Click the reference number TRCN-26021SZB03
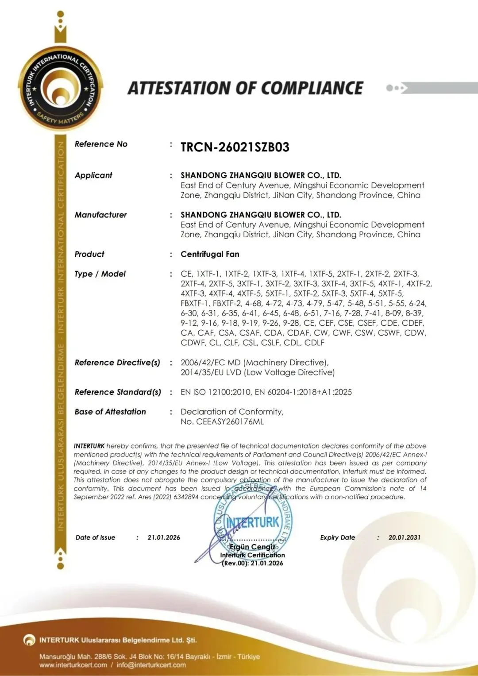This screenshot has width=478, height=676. [235, 147]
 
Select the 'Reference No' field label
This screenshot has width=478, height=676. [101, 144]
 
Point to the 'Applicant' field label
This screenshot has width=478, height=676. [93, 175]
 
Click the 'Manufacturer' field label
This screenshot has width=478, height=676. [100, 215]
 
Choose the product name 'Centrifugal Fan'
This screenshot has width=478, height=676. [210, 254]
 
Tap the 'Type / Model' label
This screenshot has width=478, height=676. [100, 274]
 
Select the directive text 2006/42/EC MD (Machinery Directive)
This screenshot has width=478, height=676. [254, 363]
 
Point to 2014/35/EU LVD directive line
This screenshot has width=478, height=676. [257, 372]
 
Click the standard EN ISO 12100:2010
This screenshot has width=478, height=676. [216, 392]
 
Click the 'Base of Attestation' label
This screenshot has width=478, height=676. [110, 412]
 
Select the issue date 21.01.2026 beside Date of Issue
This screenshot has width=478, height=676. [164, 537]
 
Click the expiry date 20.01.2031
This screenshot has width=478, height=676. [404, 537]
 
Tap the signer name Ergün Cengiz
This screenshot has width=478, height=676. [252, 547]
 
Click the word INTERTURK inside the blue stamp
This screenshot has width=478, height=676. [253, 523]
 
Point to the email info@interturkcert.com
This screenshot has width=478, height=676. [151, 664]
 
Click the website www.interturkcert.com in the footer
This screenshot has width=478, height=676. [73, 664]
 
